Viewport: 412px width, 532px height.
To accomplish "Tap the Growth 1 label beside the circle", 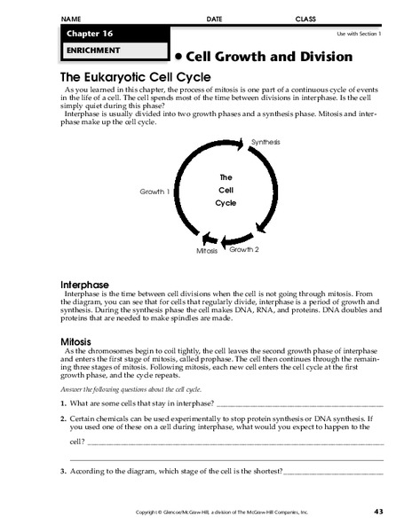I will [x=155, y=191].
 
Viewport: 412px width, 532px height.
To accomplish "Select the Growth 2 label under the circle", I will [x=244, y=250].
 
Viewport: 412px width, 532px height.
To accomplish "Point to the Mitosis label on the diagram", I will [x=206, y=252].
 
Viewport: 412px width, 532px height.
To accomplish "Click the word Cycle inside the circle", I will [x=226, y=203].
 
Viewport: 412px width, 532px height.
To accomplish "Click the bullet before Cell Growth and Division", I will [x=179, y=56].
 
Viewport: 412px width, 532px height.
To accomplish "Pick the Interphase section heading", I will [x=84, y=284].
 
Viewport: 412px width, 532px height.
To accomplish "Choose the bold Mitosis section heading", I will [x=76, y=340].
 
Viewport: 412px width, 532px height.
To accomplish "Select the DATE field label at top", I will [x=214, y=18].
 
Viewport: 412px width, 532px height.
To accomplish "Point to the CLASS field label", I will [x=305, y=18].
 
